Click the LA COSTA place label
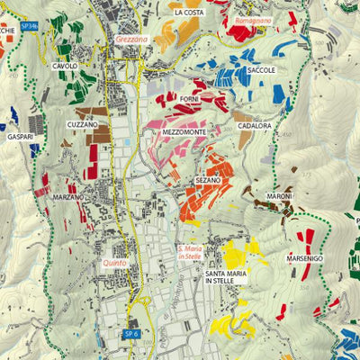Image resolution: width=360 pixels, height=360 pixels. tap(189, 13)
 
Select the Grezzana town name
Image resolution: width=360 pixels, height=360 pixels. tap(131, 40)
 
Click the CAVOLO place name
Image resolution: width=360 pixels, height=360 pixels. tap(65, 67)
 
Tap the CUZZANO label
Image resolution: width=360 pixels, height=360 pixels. tap(82, 124)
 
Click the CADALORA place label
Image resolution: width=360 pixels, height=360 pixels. tap(254, 126)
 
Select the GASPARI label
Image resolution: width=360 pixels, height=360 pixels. tap(20, 137)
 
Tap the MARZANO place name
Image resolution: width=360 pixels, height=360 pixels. tap(68, 196)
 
